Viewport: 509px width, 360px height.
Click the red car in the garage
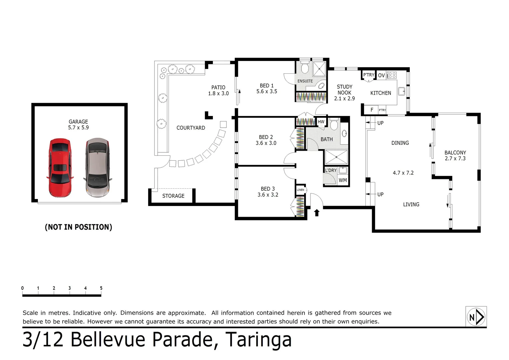coord(60,168)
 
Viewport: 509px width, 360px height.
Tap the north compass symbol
coord(476,317)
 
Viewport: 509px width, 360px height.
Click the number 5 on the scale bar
coord(101,288)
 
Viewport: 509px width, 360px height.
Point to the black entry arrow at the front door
coord(317,213)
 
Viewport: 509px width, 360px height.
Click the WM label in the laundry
coord(343,180)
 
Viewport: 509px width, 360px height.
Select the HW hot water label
coord(321,122)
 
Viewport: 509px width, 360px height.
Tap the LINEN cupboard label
coord(300,190)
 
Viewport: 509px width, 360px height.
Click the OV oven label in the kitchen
coord(381,76)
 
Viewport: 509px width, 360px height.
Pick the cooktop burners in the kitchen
coord(392,75)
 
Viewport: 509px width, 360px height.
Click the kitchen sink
coord(401,91)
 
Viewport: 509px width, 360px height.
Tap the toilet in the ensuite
coord(304,67)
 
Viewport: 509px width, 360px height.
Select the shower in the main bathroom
coord(336,157)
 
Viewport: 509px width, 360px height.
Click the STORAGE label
coord(173,196)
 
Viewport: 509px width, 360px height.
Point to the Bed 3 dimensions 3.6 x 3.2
coord(268,195)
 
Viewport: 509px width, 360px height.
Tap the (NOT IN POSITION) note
coord(78,227)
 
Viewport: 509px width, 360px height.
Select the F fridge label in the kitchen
coord(372,110)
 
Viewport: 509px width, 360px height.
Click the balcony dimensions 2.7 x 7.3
coord(455,159)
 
